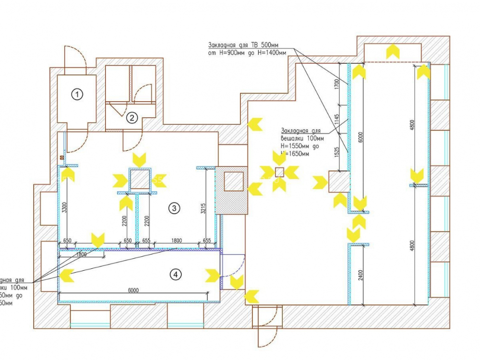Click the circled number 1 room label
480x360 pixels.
pyautogui.click(x=77, y=95)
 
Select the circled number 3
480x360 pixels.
pyautogui.click(x=174, y=208)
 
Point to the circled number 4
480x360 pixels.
pyautogui.click(x=176, y=275)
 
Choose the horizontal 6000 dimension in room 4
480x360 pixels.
pyautogui.click(x=133, y=290)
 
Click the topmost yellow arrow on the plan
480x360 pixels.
pyautogui.click(x=393, y=51)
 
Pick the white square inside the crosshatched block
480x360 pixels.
pyautogui.click(x=233, y=181)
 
